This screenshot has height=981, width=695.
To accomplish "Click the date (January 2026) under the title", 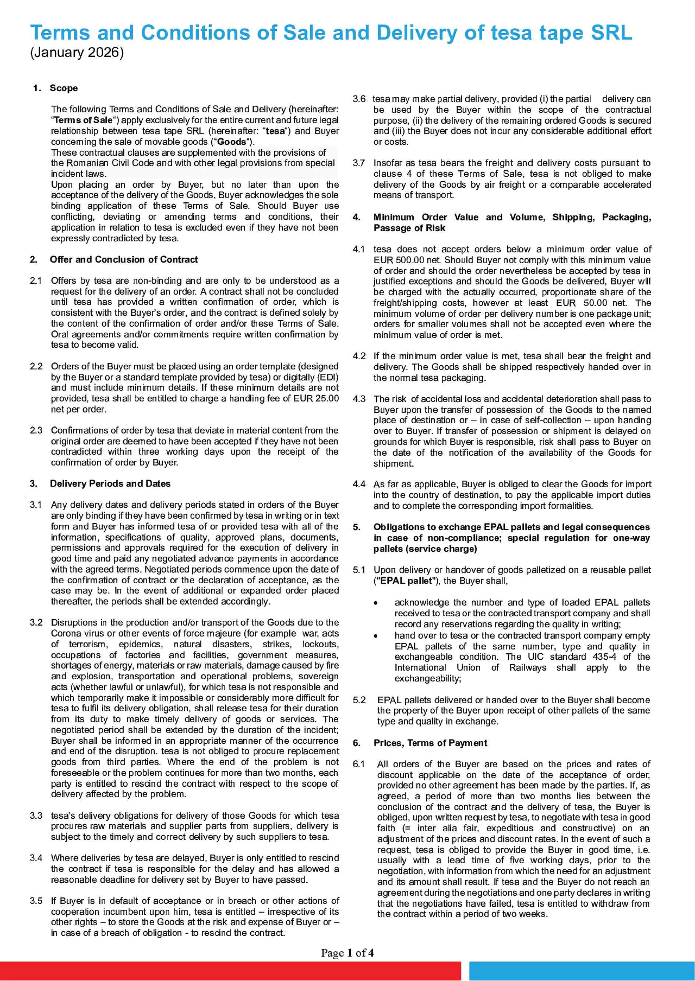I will tap(77, 53).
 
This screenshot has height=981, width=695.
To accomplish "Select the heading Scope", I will tap(64, 88).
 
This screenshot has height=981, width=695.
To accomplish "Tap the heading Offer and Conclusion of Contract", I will tap(124, 260).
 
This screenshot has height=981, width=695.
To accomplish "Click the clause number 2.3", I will tap(36, 431).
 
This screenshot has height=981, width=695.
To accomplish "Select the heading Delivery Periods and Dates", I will tap(110, 484).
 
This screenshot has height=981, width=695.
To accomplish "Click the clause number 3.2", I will tap(36, 623).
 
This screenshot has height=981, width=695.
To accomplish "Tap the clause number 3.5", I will tap(36, 901).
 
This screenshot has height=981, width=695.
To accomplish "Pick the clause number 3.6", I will tap(359, 99).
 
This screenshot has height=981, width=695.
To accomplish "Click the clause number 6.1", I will tap(359, 765).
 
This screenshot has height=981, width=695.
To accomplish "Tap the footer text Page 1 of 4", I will tap(347, 953).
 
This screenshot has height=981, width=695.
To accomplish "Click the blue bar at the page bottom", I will tap(582, 971).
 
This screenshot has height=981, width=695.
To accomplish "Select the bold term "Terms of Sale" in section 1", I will tap(83, 120).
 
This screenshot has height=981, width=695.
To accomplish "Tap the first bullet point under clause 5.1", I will tap(376, 603).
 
